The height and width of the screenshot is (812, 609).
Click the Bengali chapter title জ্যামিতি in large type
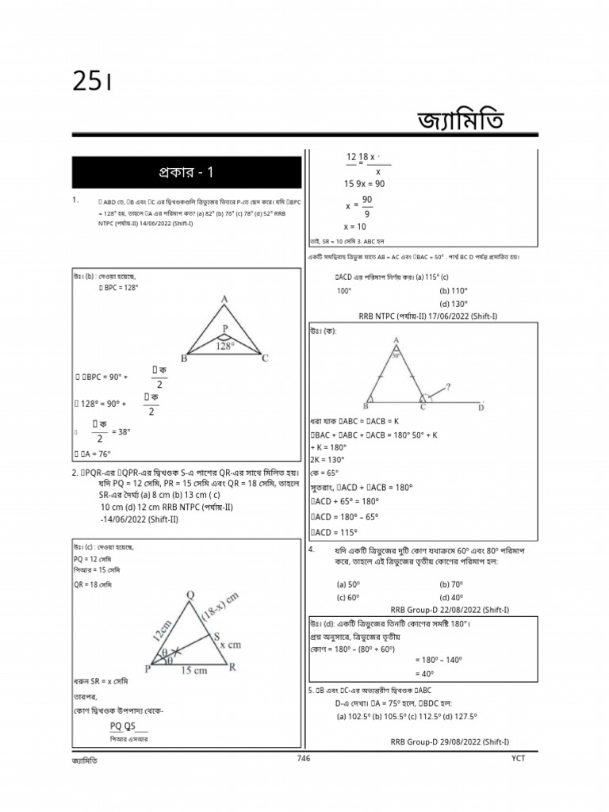pos(459,123)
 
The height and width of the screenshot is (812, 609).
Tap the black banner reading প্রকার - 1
pos(186,172)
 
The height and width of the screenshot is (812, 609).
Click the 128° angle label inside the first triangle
pos(225,346)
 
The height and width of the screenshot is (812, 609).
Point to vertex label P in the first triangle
pos(224,327)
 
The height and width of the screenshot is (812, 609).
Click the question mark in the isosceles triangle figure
pos(450,387)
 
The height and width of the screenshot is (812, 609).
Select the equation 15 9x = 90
pos(364,183)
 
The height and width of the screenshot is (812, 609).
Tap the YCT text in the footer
pos(518,759)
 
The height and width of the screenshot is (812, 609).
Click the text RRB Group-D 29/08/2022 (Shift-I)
pos(450,741)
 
